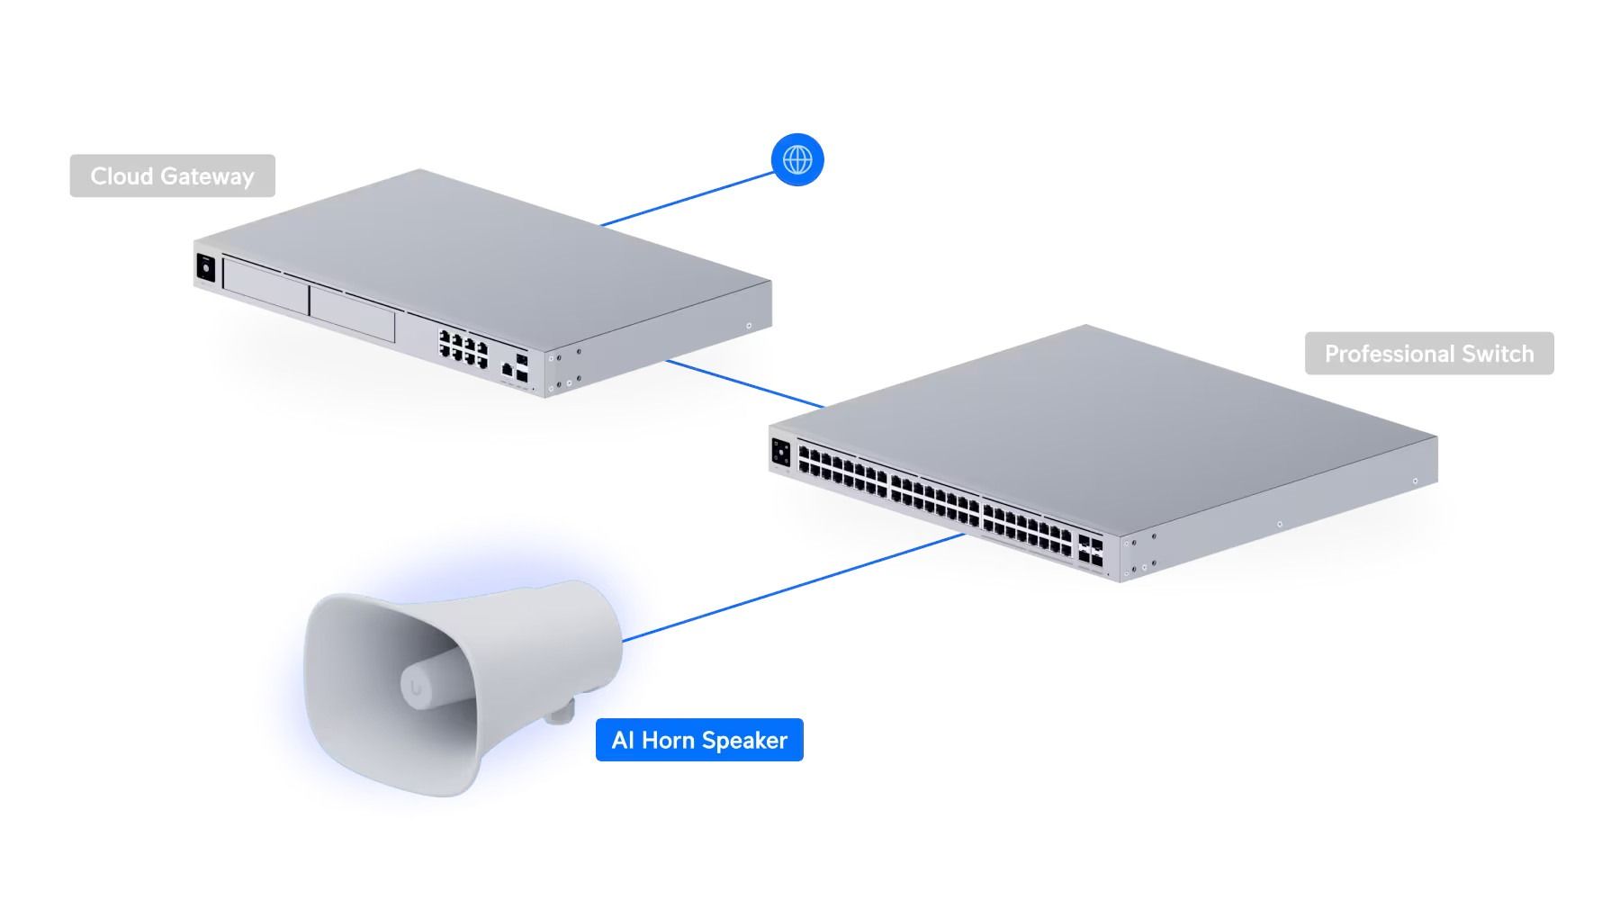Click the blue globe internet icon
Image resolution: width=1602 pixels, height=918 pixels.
tap(797, 160)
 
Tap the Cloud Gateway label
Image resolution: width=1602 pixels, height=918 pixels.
tap(173, 175)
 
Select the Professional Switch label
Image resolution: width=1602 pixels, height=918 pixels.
tap(1429, 353)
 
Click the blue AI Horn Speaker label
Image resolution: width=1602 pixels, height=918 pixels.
tap(699, 740)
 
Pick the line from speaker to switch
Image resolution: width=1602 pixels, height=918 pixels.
tap(793, 588)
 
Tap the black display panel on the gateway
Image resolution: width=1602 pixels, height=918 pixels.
tap(205, 268)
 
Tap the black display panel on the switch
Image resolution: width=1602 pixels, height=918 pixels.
tap(780, 453)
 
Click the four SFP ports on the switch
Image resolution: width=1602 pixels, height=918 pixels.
tap(1091, 551)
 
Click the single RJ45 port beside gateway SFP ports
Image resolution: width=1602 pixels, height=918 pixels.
tap(508, 368)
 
